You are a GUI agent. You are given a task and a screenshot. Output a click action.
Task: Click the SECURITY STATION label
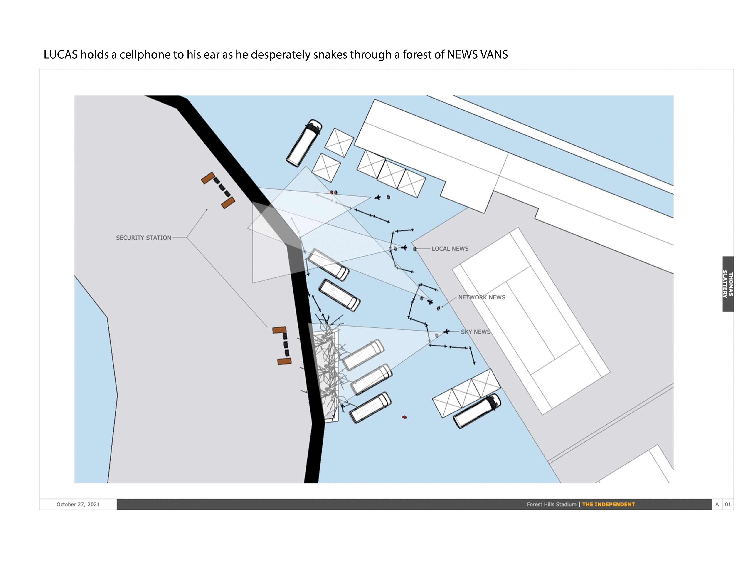(143, 238)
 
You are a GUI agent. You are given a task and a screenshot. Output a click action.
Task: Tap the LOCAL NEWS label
(450, 249)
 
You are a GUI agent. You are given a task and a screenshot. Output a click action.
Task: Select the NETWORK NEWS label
(482, 297)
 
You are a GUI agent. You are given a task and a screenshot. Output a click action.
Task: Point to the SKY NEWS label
(476, 332)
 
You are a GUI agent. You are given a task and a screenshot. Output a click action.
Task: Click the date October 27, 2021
(78, 504)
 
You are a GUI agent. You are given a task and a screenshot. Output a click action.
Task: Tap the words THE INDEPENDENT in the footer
(608, 504)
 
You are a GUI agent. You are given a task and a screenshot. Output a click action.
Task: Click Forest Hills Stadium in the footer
(552, 504)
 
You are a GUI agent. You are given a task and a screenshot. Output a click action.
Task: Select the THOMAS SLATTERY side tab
(728, 284)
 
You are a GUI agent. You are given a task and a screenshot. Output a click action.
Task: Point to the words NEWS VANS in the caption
(477, 54)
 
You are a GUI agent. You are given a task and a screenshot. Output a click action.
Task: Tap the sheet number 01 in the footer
(728, 504)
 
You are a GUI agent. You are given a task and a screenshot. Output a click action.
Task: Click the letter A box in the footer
(717, 504)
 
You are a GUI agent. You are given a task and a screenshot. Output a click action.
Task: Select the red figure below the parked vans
(404, 417)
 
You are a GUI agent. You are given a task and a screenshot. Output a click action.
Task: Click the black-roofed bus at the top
(304, 143)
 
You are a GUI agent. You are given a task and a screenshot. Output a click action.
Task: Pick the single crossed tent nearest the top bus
(339, 143)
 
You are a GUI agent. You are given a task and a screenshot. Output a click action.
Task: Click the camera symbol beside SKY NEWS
(446, 331)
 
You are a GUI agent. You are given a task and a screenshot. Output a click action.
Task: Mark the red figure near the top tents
(332, 192)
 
